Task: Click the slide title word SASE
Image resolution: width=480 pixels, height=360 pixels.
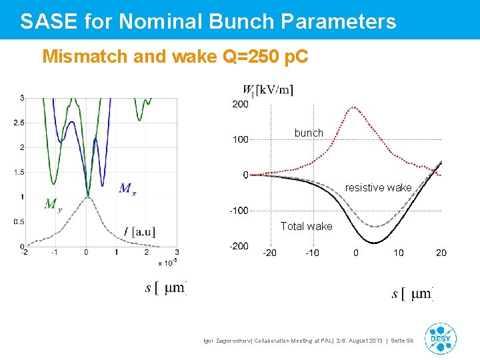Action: coord(49,21)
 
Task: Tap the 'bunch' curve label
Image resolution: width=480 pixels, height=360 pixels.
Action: coord(309,133)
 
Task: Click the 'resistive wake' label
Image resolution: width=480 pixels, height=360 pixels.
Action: coord(378,188)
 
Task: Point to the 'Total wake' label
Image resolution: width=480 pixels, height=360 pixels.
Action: coord(306,227)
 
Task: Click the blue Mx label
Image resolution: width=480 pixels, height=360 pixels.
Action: coord(127,189)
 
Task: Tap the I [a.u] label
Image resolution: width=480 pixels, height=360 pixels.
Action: coord(139,232)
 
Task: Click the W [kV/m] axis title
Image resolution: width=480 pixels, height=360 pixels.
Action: coord(267,89)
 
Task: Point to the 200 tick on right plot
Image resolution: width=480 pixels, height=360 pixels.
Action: coord(240,104)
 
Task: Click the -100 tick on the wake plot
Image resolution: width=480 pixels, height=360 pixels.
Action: coord(239,211)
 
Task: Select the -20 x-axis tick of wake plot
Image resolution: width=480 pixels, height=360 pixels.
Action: coord(270,253)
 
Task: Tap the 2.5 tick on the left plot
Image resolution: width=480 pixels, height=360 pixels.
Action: coord(19,123)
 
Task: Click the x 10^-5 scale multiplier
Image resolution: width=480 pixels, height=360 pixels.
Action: coord(167,263)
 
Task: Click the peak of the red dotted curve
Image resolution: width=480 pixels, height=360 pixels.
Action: coord(354,106)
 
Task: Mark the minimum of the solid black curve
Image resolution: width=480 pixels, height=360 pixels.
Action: coord(377,243)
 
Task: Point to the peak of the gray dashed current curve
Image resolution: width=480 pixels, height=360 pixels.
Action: coord(87,197)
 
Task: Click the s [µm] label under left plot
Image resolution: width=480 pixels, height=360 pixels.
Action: coord(165,288)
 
